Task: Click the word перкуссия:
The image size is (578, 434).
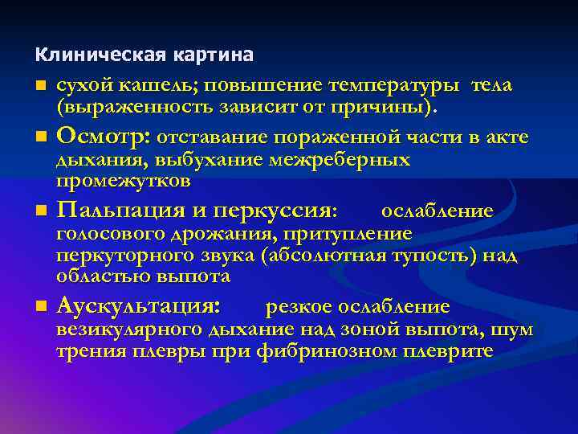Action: point(281,211)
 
